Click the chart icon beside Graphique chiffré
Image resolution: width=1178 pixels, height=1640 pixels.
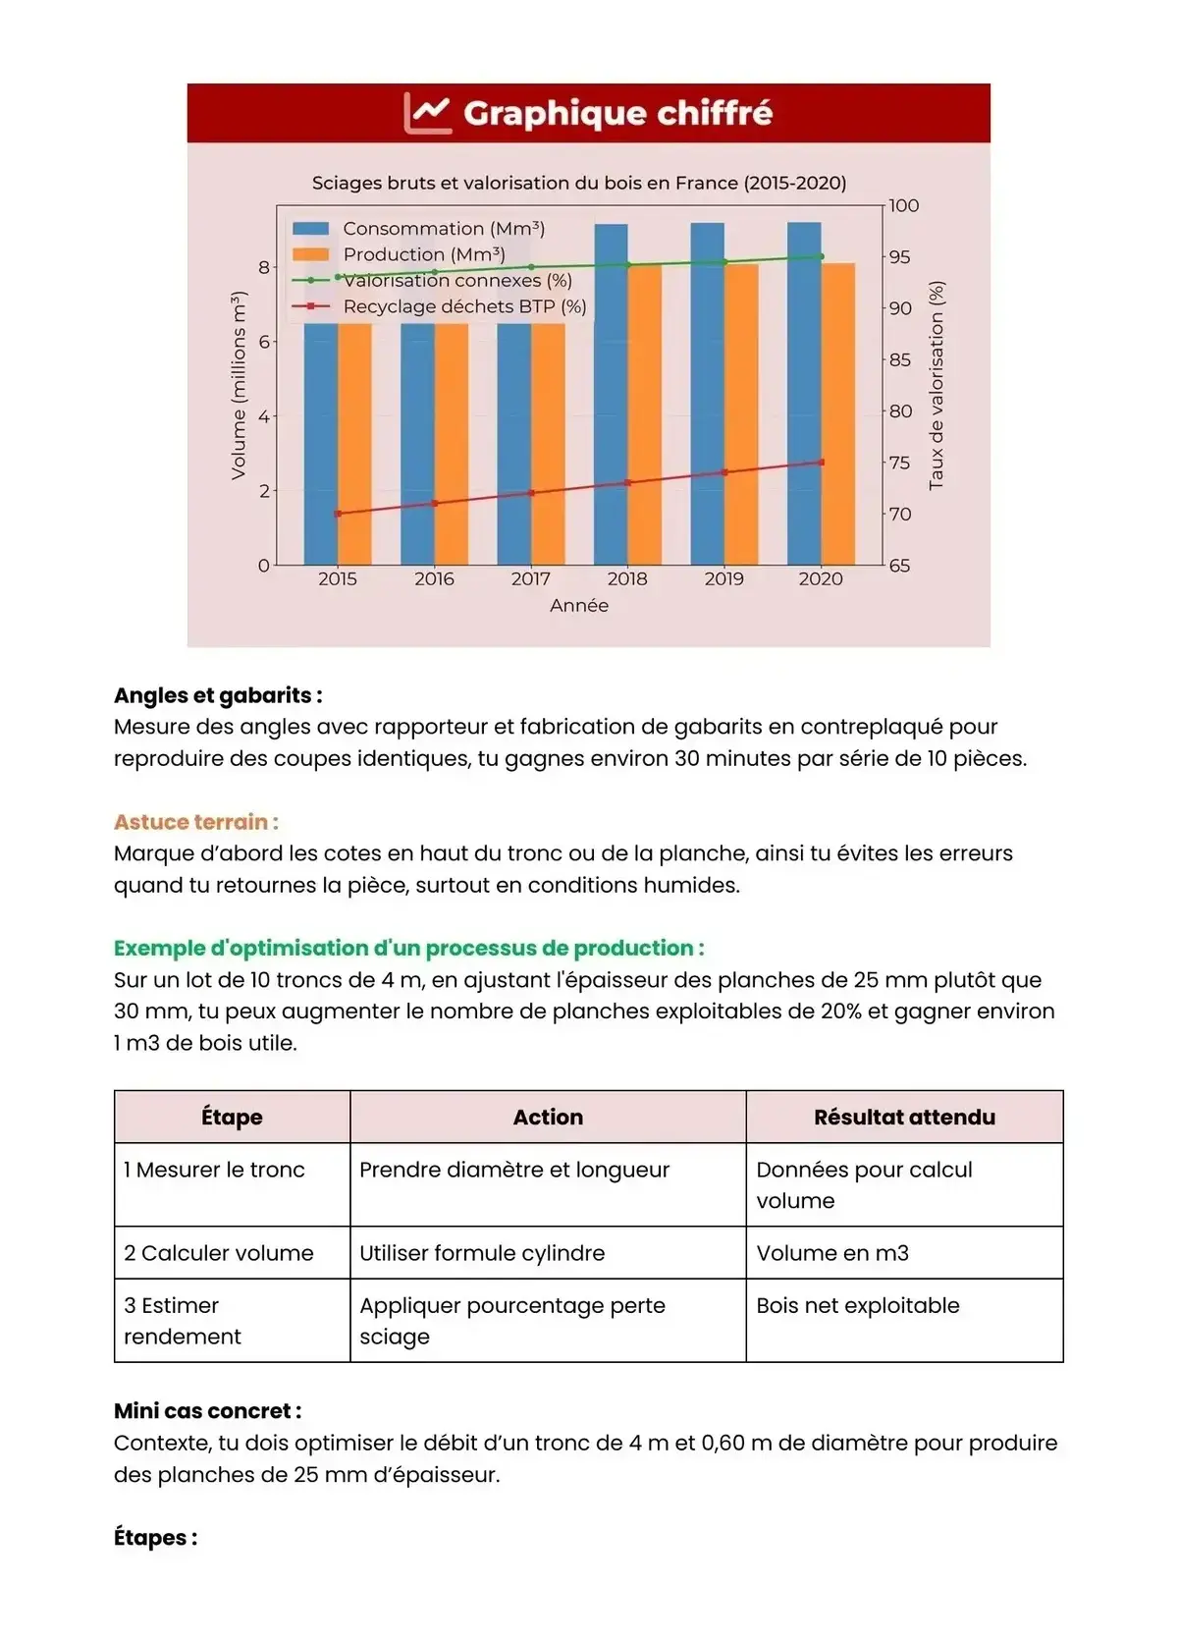click(427, 113)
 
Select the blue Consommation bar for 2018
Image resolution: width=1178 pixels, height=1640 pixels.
click(611, 393)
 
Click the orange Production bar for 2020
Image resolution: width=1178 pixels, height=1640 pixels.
click(838, 412)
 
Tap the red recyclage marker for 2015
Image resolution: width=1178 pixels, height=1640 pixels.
click(338, 514)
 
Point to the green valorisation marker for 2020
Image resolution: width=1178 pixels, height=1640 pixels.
click(821, 257)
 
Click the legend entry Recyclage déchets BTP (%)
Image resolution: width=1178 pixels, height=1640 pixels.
click(464, 306)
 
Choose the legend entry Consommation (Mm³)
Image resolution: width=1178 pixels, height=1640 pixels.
click(443, 229)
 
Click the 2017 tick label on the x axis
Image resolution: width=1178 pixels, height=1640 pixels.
click(530, 579)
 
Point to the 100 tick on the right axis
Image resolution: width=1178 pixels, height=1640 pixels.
click(903, 206)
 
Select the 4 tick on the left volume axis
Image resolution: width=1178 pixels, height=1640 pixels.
click(263, 416)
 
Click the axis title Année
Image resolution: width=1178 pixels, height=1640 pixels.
click(579, 606)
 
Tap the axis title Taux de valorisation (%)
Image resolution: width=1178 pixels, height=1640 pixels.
click(936, 385)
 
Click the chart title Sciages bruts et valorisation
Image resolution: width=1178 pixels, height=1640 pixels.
click(579, 183)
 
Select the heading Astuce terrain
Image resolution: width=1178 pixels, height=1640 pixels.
click(195, 822)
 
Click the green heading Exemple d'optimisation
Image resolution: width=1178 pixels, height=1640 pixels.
click(408, 948)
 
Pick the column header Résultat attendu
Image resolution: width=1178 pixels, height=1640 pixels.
click(904, 1118)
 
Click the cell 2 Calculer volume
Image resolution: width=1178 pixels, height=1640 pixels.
click(219, 1253)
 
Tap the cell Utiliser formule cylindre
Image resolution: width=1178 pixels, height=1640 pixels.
click(482, 1253)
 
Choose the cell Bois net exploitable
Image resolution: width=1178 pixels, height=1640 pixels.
click(858, 1306)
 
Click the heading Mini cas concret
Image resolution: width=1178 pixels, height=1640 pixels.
click(207, 1411)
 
